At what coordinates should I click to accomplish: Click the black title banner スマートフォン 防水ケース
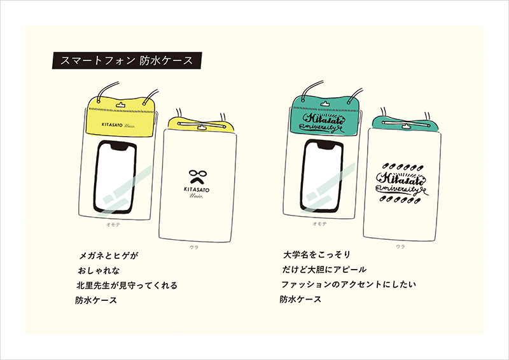point(127,60)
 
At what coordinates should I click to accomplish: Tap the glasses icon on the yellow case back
point(197,174)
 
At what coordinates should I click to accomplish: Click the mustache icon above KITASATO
point(197,180)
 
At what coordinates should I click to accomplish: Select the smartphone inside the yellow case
point(116,177)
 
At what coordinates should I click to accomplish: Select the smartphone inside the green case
point(322,176)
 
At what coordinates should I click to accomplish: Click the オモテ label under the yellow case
point(113,225)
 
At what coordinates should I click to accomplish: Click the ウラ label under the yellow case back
point(194,247)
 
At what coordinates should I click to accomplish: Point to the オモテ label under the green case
point(319,224)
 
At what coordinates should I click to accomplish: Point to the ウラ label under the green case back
point(400,246)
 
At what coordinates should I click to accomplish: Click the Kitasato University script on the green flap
point(322,122)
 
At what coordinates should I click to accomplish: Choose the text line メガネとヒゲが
point(108,256)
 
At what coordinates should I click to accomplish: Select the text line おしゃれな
point(99,271)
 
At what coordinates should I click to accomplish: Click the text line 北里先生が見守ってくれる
point(127,286)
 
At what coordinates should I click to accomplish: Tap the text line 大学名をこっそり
point(317,254)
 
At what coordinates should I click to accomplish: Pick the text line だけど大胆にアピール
point(324,270)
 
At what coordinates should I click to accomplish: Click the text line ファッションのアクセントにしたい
point(348,284)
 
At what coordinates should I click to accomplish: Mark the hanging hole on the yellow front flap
point(120,104)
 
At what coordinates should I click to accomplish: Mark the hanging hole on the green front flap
point(324,104)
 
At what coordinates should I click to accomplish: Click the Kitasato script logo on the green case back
point(402,183)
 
